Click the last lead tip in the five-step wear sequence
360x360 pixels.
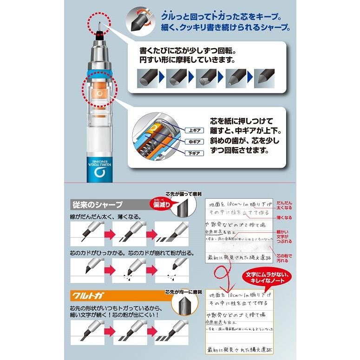pos(266,77)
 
